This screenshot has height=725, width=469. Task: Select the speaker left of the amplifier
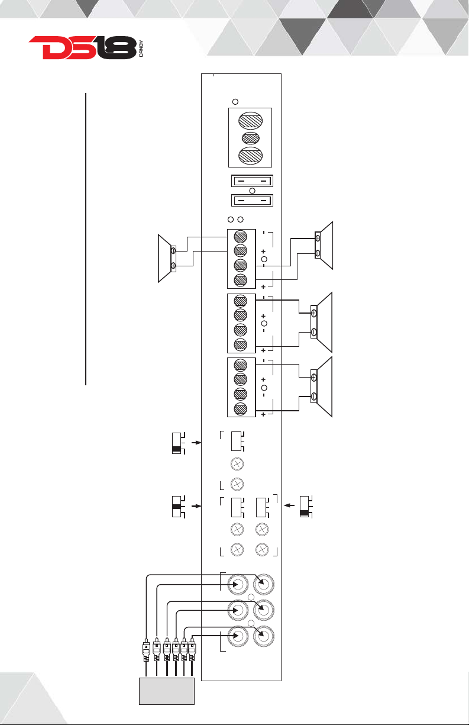point(167,258)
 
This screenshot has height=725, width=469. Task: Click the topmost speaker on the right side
point(324,246)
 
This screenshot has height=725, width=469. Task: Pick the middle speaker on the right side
point(321,322)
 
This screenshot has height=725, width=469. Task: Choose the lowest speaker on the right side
point(321,386)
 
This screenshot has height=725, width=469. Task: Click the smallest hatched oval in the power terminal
point(251,138)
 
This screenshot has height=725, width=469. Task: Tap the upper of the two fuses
point(253,181)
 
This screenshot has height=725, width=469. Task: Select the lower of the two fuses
point(253,201)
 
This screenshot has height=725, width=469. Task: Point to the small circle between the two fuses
point(253,191)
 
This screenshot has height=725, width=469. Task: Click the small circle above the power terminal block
point(235,102)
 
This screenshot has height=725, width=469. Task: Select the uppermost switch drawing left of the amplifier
point(179,443)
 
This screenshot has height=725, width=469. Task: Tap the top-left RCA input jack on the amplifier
point(238,584)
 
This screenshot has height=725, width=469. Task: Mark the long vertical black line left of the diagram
point(86,239)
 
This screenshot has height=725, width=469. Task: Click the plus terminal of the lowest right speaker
point(313,378)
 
